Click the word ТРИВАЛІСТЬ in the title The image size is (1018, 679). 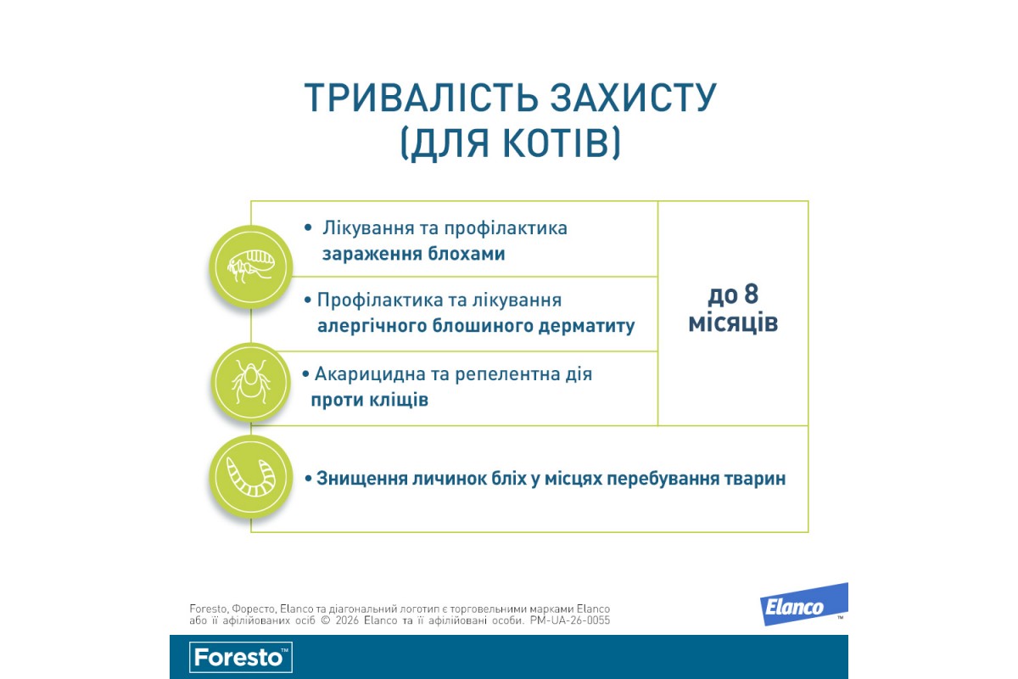[x=422, y=98]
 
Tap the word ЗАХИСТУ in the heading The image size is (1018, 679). [x=634, y=98]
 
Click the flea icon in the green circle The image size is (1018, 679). [x=251, y=267]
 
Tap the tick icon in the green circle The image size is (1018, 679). [x=251, y=382]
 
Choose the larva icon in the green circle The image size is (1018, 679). [x=251, y=477]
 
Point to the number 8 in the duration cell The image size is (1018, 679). [x=752, y=294]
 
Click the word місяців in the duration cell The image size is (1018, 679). [x=733, y=323]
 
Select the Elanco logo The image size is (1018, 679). [x=804, y=604]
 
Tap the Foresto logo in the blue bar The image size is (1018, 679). [x=241, y=657]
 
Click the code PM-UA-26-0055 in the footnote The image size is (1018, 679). [x=570, y=620]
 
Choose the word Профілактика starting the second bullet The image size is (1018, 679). [x=380, y=300]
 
